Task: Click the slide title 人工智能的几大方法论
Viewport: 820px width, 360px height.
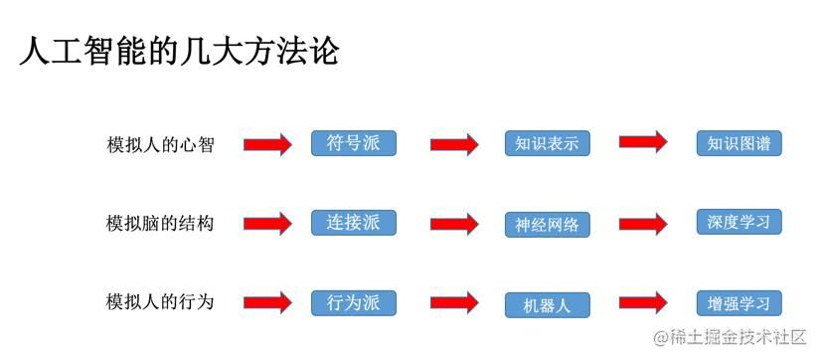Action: [x=180, y=50]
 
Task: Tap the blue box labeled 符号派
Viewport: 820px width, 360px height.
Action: [x=353, y=143]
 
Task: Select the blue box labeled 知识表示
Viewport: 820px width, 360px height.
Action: [x=547, y=143]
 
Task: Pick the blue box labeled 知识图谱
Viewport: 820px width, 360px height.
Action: [x=739, y=143]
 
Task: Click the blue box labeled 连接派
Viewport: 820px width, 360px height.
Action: [x=353, y=222]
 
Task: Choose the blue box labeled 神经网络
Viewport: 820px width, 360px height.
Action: [x=547, y=224]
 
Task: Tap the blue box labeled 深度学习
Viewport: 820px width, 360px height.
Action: [x=739, y=222]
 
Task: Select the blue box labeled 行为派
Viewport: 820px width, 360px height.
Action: [x=353, y=301]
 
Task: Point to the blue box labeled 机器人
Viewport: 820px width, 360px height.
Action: [x=547, y=304]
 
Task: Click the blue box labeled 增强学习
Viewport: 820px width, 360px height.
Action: [x=739, y=302]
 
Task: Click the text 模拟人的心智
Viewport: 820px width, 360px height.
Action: [x=160, y=144]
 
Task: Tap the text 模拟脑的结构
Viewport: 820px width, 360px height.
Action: [x=160, y=223]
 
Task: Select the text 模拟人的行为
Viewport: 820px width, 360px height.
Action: [x=160, y=301]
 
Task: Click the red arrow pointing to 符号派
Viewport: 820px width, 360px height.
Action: [x=267, y=144]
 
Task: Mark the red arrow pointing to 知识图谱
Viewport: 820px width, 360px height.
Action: [x=643, y=143]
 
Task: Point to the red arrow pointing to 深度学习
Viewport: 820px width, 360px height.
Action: [x=643, y=222]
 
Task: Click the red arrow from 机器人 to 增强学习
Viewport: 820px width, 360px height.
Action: [x=643, y=301]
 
